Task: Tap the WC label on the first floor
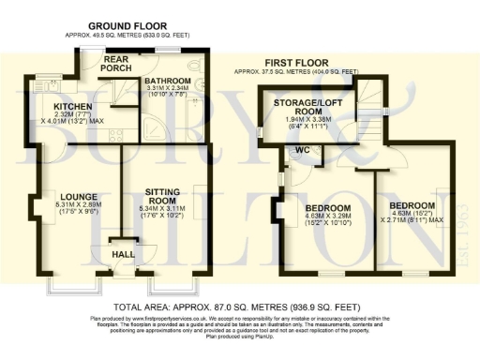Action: coord(303,150)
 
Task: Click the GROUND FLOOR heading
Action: coord(127,24)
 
